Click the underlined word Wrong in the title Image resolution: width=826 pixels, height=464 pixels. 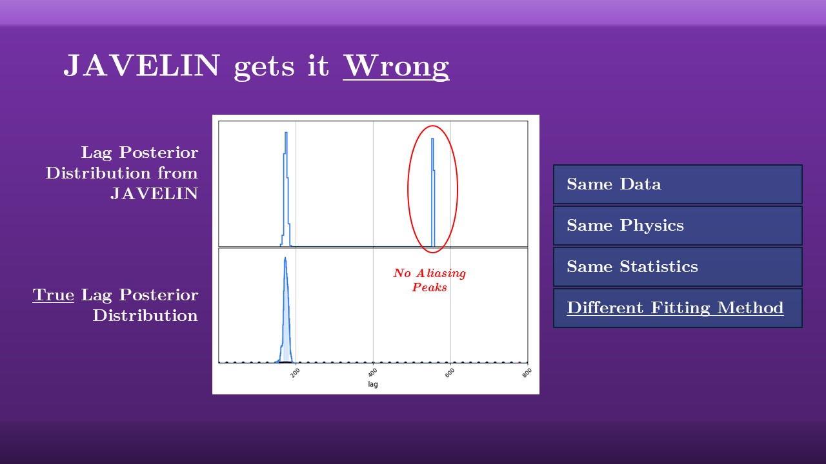click(x=396, y=66)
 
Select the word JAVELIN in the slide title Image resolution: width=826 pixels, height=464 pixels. click(x=142, y=65)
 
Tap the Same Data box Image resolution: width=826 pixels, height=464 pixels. click(x=678, y=184)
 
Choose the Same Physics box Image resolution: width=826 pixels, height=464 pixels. click(x=678, y=226)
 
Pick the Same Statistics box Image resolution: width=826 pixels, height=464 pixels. click(x=678, y=267)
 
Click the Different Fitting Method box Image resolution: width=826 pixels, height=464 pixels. click(x=678, y=308)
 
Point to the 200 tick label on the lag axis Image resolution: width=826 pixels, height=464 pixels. click(x=295, y=373)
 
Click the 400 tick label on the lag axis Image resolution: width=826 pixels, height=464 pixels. click(x=372, y=373)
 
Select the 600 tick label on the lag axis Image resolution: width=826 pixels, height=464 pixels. click(x=450, y=373)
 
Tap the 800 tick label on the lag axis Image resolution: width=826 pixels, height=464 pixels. click(x=527, y=373)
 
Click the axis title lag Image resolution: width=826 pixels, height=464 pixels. click(x=373, y=384)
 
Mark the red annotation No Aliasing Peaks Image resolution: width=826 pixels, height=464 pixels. click(x=430, y=280)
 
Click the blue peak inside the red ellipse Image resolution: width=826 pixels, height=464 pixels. click(x=433, y=192)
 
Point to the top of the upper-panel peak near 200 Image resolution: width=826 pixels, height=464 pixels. click(x=286, y=133)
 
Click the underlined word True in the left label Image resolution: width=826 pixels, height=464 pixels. click(x=54, y=295)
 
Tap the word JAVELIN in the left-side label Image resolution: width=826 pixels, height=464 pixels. click(x=154, y=194)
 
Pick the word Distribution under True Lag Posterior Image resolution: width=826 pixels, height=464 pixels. click(x=145, y=316)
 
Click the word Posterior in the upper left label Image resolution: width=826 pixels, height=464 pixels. click(x=159, y=153)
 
